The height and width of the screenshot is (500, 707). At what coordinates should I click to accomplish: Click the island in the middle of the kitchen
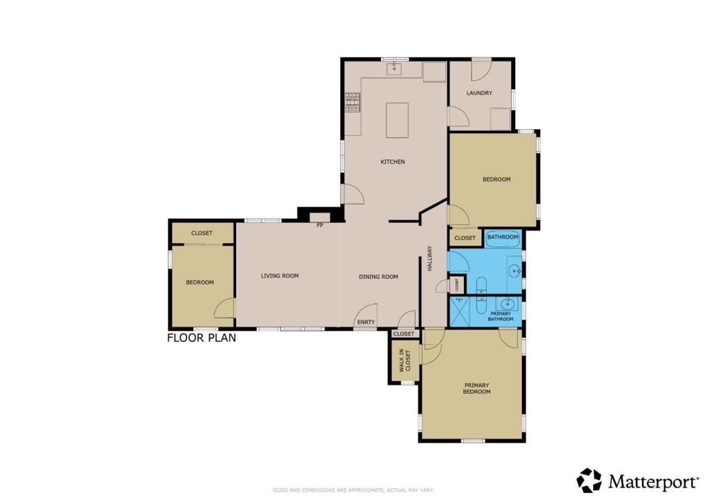[x=397, y=120]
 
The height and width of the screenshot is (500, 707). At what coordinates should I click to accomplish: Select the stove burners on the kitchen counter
[x=353, y=102]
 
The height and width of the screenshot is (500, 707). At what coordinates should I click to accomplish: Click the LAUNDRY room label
[x=478, y=93]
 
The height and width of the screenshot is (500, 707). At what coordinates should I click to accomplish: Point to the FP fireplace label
[x=320, y=225]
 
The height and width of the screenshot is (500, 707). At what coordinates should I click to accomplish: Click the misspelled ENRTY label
[x=365, y=322]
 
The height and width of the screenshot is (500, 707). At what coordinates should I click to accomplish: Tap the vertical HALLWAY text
[x=429, y=258]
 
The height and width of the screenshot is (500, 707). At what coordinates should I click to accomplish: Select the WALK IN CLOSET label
[x=404, y=360]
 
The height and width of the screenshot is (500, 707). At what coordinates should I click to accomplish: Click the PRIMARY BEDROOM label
[x=476, y=388]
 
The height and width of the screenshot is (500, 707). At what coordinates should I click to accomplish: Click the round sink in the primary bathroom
[x=509, y=304]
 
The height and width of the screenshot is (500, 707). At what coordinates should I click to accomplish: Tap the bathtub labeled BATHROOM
[x=503, y=238]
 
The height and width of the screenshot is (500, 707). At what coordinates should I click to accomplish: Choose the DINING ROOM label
[x=378, y=277]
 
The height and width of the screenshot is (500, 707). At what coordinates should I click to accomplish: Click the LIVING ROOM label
[x=280, y=276]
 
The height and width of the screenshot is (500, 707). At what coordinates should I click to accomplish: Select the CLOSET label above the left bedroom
[x=202, y=233]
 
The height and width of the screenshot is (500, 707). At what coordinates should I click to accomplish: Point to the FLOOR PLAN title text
[x=202, y=338]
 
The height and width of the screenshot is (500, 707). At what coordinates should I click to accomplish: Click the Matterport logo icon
[x=589, y=480]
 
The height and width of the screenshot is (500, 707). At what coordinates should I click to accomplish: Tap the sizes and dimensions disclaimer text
[x=353, y=490]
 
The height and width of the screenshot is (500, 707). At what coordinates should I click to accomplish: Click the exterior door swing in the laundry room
[x=481, y=70]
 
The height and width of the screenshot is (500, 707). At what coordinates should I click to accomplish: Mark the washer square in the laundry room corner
[x=501, y=119]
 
